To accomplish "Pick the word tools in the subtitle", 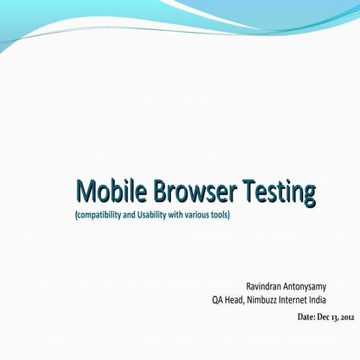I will tap(219, 215).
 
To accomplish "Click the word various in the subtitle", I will tap(196, 215).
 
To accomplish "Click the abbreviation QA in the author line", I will tap(218, 301).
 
